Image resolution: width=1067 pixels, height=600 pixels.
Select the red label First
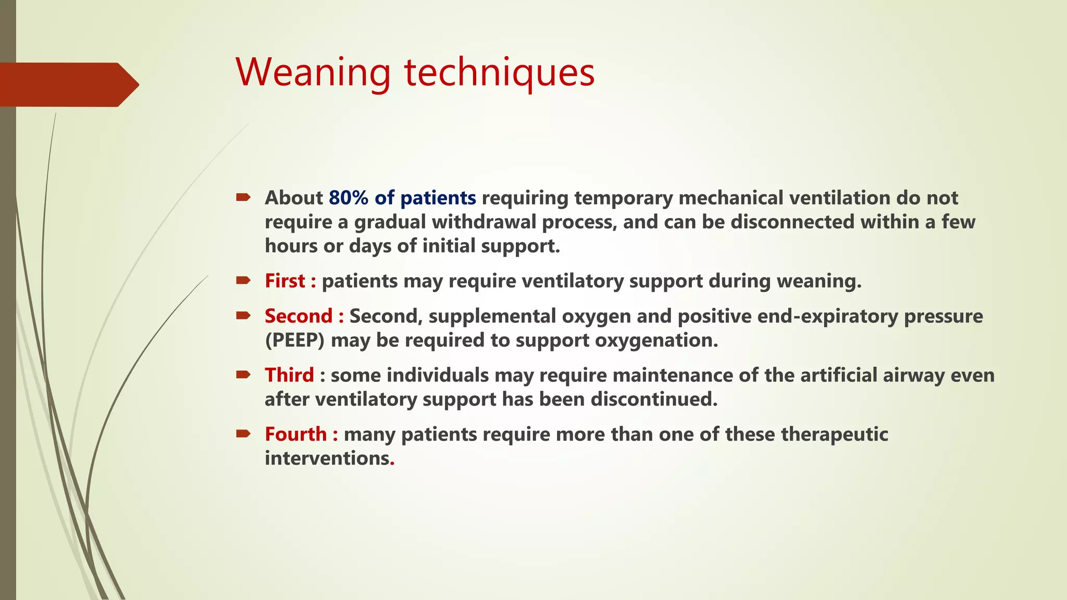[285, 281]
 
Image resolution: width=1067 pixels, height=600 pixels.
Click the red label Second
[298, 316]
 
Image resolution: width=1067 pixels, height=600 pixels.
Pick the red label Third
[289, 375]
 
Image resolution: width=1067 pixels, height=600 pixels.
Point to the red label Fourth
[295, 434]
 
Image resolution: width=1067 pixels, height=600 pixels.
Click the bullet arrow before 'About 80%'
[243, 197]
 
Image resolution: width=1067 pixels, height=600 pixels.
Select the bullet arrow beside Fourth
[243, 433]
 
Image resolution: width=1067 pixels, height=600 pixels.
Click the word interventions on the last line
[327, 458]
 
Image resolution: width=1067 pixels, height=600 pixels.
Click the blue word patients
[438, 198]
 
